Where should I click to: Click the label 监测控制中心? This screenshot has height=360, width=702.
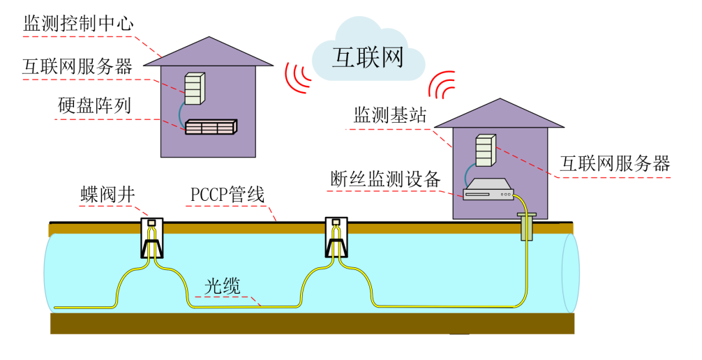78,24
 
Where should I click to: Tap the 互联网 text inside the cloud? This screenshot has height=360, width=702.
368,57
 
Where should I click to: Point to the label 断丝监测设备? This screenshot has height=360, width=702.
385,179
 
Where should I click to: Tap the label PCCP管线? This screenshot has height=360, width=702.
227,195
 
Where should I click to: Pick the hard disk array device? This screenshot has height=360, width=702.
210,127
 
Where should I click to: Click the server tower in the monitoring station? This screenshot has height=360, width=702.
486,150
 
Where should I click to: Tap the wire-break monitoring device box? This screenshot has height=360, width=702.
488,190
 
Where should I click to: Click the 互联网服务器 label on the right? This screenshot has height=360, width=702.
615,164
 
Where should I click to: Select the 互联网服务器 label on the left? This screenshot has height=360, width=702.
77,67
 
